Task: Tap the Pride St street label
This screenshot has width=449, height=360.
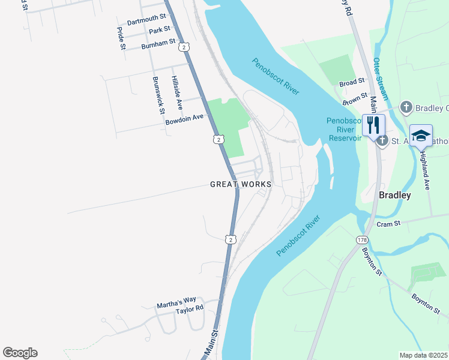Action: (x=121, y=38)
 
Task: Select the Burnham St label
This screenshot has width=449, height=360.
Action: (x=158, y=44)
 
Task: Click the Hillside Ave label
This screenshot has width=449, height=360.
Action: (x=176, y=92)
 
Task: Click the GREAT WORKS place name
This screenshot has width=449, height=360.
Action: (x=241, y=184)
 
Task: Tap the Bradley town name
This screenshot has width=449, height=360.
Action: (x=395, y=196)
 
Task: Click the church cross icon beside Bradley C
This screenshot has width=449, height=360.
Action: (x=406, y=107)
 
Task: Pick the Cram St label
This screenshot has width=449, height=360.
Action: (x=388, y=224)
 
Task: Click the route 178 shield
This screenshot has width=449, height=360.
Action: (x=361, y=240)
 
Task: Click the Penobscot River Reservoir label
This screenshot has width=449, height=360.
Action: (x=345, y=129)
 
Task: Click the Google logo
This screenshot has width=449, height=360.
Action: (x=20, y=353)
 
